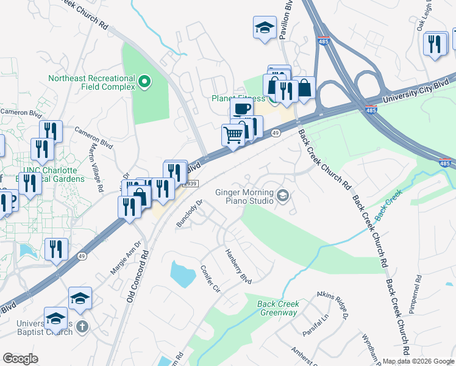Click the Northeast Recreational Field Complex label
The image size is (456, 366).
click(91, 82)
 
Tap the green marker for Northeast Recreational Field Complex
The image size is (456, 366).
click(144, 81)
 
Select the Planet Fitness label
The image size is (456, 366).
click(238, 98)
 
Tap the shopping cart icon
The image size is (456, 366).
click(233, 134)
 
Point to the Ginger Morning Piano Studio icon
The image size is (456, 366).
click(283, 196)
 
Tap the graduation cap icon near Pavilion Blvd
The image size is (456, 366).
click(264, 27)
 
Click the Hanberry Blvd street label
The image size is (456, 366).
click(238, 265)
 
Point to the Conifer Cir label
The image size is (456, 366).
click(208, 279)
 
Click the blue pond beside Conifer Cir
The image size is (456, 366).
click(182, 274)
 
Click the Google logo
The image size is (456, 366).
click(21, 359)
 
